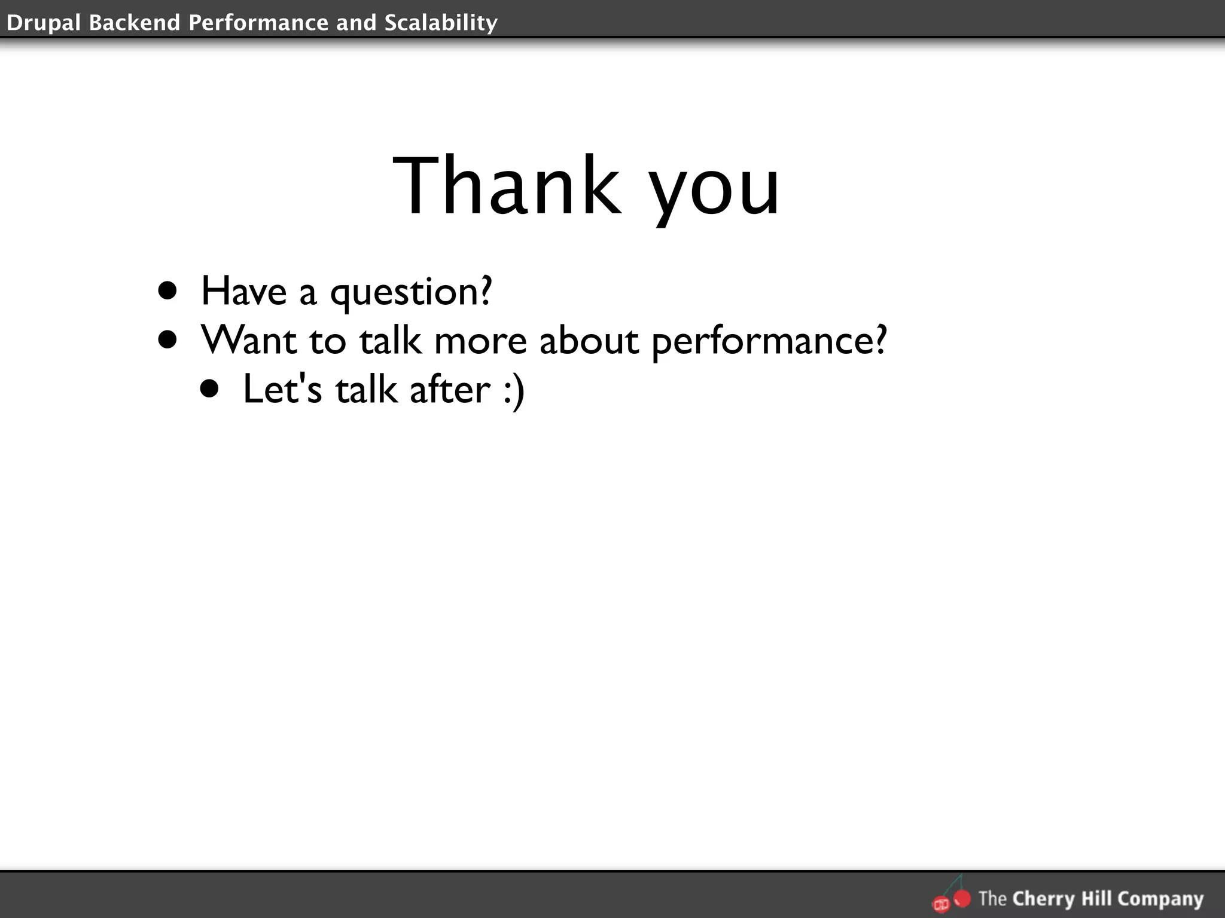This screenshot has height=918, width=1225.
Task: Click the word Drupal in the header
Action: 44,23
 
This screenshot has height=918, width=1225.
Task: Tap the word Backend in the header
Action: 135,23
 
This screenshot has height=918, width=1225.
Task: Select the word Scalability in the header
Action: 441,23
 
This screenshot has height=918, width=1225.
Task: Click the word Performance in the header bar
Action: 258,23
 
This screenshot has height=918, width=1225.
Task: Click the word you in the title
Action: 715,190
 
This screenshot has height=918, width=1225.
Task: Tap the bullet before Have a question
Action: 168,291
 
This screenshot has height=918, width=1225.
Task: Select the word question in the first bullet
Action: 411,293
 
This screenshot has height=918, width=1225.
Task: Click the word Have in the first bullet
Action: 244,291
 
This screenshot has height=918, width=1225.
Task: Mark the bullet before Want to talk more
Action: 168,340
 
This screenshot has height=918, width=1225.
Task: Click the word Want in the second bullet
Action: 249,340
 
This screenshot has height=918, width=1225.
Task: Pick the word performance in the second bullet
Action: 769,342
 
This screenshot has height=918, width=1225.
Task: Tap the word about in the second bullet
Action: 589,340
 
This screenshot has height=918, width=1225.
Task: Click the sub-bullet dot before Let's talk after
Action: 210,389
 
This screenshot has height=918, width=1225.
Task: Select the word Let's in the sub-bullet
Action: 282,389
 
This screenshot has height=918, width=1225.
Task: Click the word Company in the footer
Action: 1160,899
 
